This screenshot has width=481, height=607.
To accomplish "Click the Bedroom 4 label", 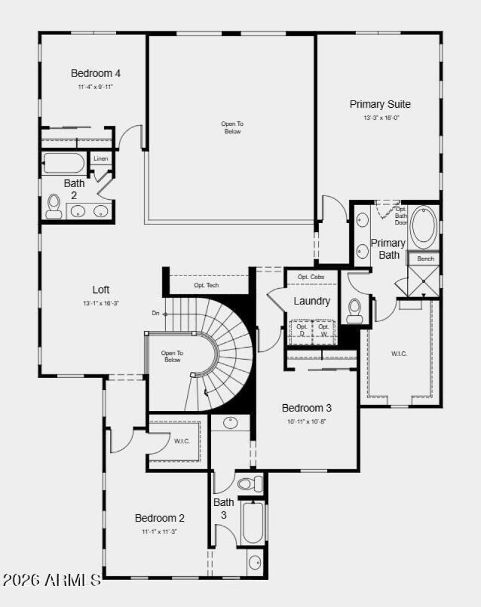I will coord(96,73).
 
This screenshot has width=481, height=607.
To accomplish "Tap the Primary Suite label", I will coord(380,104).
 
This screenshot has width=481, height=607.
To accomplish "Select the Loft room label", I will coord(101,289).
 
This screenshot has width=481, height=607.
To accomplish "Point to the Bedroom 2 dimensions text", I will coord(159,532).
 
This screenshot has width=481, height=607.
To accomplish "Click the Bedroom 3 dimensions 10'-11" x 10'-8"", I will coord(307,422).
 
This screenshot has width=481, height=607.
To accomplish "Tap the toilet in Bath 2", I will coord(54,206).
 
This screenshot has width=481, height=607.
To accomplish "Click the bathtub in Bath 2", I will coord(64,163).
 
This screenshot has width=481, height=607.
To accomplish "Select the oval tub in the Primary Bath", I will coord(425,227).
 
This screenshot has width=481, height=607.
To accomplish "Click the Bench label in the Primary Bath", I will coord(425,259).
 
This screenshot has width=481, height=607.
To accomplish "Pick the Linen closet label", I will coord(101,159).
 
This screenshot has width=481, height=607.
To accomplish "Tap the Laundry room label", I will coord(311,301).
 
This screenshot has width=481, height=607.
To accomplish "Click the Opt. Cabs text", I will coord(311,277).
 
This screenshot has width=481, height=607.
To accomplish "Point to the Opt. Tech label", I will coord(206,285).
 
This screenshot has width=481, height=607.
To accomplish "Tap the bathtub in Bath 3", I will coord(254,522).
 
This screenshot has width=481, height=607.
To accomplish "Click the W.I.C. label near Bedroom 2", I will coord(182,442).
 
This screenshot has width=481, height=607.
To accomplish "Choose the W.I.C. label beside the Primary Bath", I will coord(399,354).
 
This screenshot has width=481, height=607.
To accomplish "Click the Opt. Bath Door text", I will coord(401,215).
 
